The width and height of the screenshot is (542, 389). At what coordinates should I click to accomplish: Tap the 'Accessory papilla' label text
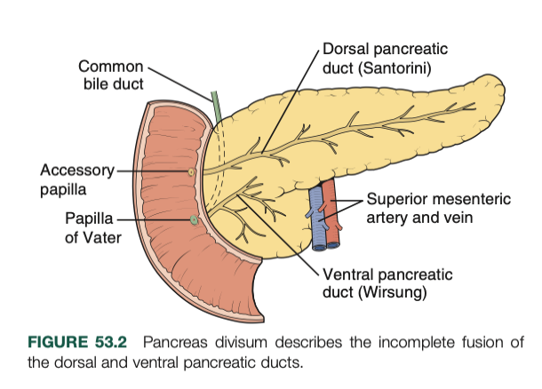(x=77, y=179)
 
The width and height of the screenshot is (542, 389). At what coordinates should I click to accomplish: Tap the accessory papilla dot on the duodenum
(x=191, y=171)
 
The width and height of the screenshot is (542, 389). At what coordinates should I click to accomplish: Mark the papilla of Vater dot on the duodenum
(x=194, y=218)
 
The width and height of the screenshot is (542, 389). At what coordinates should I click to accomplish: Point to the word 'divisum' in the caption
(x=235, y=343)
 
